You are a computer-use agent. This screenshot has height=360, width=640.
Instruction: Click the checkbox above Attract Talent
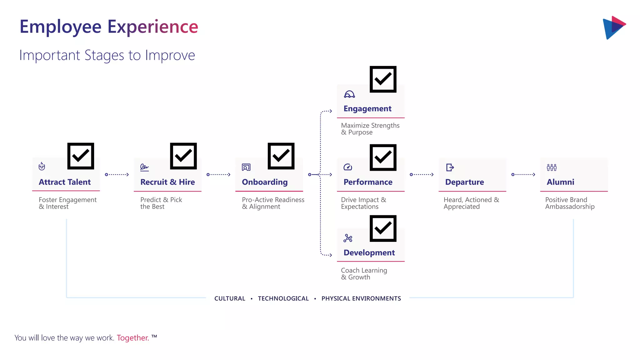(x=81, y=156)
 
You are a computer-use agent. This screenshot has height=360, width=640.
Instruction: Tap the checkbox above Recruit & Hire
(x=183, y=156)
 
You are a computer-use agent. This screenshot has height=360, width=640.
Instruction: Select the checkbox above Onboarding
(x=281, y=156)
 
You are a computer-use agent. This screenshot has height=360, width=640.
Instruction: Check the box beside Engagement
(x=383, y=79)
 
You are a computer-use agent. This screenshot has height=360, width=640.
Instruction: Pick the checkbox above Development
(x=383, y=228)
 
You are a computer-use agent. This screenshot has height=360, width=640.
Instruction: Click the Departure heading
(x=464, y=182)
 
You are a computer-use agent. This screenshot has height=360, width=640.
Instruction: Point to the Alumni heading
(x=560, y=182)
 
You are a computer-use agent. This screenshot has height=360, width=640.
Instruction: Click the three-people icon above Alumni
(x=552, y=167)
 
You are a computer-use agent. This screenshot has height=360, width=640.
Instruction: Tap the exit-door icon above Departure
(x=450, y=167)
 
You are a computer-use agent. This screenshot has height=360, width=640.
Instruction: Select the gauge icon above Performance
(x=348, y=167)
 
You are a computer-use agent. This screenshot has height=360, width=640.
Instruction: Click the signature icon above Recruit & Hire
(x=144, y=167)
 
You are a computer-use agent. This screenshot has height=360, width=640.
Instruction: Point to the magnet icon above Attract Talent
(x=42, y=166)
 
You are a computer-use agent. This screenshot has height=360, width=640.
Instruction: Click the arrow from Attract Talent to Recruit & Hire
(x=117, y=175)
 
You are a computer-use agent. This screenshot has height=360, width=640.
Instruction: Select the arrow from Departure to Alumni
(x=523, y=175)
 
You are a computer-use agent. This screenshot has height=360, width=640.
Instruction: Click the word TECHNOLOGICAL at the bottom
(x=283, y=298)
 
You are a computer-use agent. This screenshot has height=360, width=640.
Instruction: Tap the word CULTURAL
(x=230, y=298)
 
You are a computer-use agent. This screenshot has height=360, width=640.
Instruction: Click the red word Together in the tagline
(x=133, y=338)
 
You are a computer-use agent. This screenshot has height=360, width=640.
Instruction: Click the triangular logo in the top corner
(x=614, y=27)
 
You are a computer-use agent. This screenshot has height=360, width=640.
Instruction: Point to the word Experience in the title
(x=153, y=27)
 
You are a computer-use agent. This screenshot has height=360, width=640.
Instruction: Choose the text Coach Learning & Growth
(x=364, y=274)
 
